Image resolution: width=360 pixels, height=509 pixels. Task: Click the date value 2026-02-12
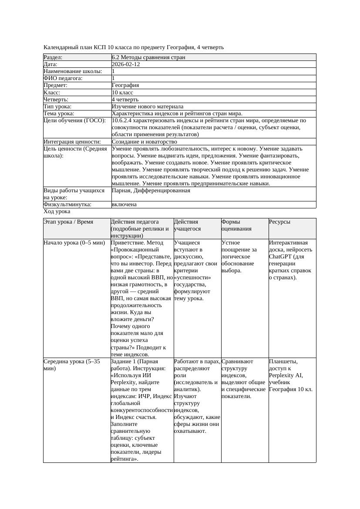tap(126, 64)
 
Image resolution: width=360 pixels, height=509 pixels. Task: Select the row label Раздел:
tap(53, 57)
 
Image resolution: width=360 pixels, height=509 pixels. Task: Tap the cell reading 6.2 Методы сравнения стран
tap(148, 57)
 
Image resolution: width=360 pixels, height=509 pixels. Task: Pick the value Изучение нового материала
tap(148, 107)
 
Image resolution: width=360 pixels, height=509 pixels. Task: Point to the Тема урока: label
tap(59, 114)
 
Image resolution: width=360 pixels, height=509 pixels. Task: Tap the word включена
tap(124, 204)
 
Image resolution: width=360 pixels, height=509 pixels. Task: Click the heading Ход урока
tap(57, 211)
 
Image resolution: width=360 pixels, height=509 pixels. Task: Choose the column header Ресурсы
tap(279, 222)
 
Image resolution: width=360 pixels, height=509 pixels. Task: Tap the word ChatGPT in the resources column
tap(280, 257)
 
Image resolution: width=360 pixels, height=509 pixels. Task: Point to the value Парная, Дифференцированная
tap(151, 191)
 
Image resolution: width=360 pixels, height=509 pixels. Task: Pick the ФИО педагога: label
tap(63, 78)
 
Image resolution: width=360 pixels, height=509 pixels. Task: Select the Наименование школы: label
tap(73, 71)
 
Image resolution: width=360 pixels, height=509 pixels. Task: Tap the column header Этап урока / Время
tap(68, 222)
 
